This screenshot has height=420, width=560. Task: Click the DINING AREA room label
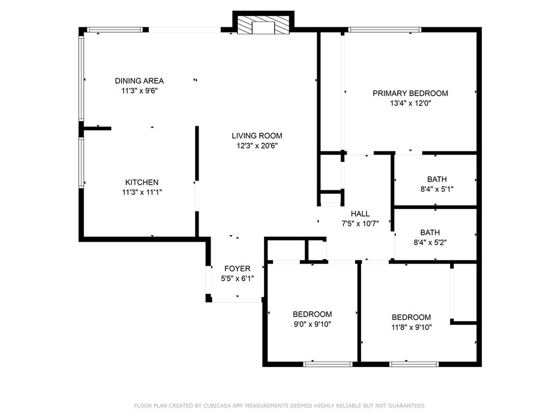click(x=139, y=81)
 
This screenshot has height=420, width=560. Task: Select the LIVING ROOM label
click(x=257, y=136)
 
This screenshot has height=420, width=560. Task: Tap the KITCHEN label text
click(x=142, y=182)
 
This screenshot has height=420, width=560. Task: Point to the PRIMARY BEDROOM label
click(x=410, y=93)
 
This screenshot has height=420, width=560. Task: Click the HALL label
click(x=360, y=214)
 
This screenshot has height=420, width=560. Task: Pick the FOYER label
click(x=237, y=269)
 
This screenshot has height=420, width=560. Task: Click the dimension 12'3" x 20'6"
click(x=257, y=145)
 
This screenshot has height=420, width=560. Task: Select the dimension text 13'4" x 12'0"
click(x=411, y=103)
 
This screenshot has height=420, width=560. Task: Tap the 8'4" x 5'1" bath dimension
click(x=437, y=189)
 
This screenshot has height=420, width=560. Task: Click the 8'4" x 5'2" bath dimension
click(x=430, y=242)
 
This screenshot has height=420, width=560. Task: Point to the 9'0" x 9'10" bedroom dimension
click(x=312, y=324)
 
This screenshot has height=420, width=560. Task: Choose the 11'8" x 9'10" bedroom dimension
click(x=411, y=327)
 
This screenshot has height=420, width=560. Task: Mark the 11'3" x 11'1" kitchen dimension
click(x=142, y=192)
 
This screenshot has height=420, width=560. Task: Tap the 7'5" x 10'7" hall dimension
click(x=360, y=224)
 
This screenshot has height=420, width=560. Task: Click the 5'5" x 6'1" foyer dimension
click(x=237, y=278)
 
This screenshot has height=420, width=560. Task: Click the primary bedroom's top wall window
click(x=384, y=30)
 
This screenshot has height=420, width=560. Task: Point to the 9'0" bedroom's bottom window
click(x=328, y=364)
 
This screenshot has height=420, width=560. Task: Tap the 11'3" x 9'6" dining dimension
click(x=139, y=91)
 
